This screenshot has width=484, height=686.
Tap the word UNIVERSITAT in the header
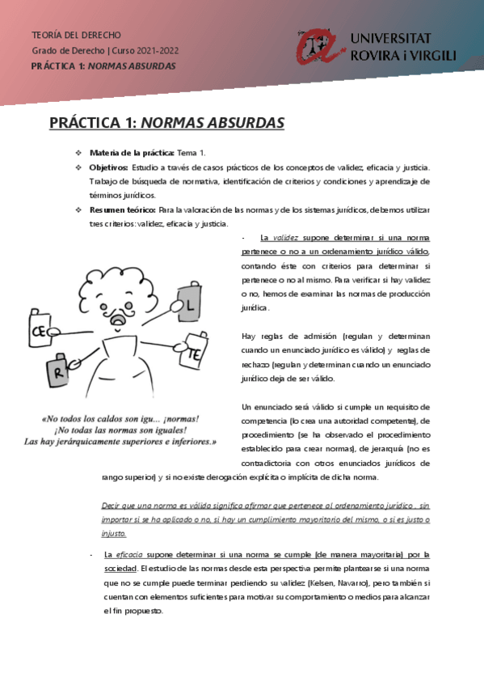390,39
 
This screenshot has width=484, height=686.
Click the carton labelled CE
39,330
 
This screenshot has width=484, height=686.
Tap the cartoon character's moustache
119,311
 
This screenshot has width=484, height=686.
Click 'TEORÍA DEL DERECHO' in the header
76,36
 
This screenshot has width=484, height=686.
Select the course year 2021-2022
155,51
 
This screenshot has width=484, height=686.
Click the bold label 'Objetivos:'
108,167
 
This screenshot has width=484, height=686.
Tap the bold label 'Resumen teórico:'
122,210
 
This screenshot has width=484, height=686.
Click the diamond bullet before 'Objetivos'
78,167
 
